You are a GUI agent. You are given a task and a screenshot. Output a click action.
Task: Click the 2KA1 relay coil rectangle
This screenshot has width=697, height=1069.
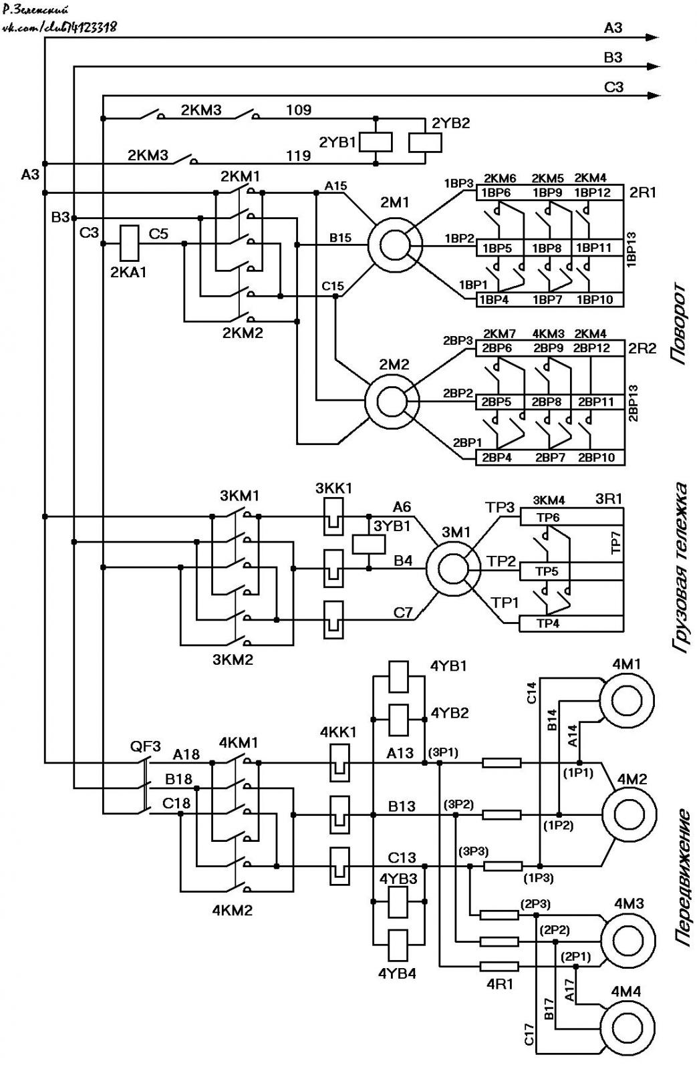coord(128,243)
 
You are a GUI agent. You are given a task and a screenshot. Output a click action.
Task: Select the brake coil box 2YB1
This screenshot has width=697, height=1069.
coord(376,142)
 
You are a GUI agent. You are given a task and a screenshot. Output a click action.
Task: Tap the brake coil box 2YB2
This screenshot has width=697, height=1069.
coord(425,142)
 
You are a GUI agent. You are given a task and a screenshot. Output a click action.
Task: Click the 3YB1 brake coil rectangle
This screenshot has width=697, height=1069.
coord(369,544)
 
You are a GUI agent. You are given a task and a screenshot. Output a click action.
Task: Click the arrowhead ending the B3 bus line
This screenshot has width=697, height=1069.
coord(654,67)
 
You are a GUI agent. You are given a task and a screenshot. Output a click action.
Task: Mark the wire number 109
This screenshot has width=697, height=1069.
coord(299,110)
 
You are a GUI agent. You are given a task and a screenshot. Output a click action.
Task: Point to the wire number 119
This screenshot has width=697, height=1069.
coord(299,156)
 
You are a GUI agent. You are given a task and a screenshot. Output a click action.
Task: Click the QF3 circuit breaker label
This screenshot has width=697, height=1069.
coord(146,746)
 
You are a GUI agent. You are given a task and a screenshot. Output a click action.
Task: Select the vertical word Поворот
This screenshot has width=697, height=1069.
coord(678,324)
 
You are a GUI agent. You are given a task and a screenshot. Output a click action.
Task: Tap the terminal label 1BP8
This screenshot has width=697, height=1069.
coord(547,248)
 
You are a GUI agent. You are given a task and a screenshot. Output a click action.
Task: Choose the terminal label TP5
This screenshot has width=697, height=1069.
coord(547,571)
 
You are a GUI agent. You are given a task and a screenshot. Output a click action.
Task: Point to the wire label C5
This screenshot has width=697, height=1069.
coord(158,234)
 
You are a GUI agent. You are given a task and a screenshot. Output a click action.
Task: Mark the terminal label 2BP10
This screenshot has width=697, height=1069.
coord(596,457)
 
